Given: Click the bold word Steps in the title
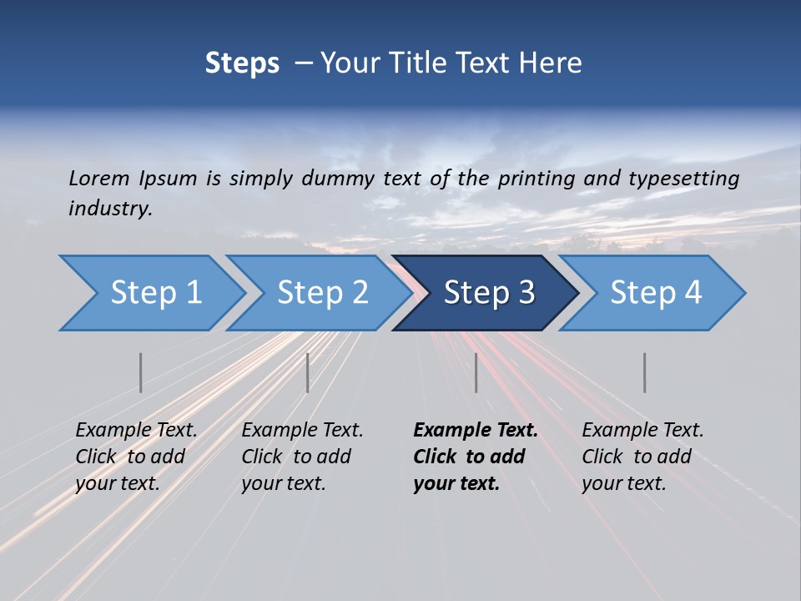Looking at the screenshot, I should (x=242, y=63).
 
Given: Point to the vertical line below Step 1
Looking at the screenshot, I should (x=140, y=372).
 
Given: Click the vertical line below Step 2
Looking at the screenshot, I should (x=307, y=372).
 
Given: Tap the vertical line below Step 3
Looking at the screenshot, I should (x=476, y=372).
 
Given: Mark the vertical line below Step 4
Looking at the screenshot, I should (x=644, y=372).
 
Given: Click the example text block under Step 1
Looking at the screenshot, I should (x=136, y=457).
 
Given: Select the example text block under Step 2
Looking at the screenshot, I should (x=302, y=457).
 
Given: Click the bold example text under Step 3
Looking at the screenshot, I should (x=476, y=457).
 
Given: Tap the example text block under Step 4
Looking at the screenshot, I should (x=642, y=457).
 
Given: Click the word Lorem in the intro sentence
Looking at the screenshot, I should (x=99, y=179).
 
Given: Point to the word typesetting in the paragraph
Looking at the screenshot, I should (x=683, y=179).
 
